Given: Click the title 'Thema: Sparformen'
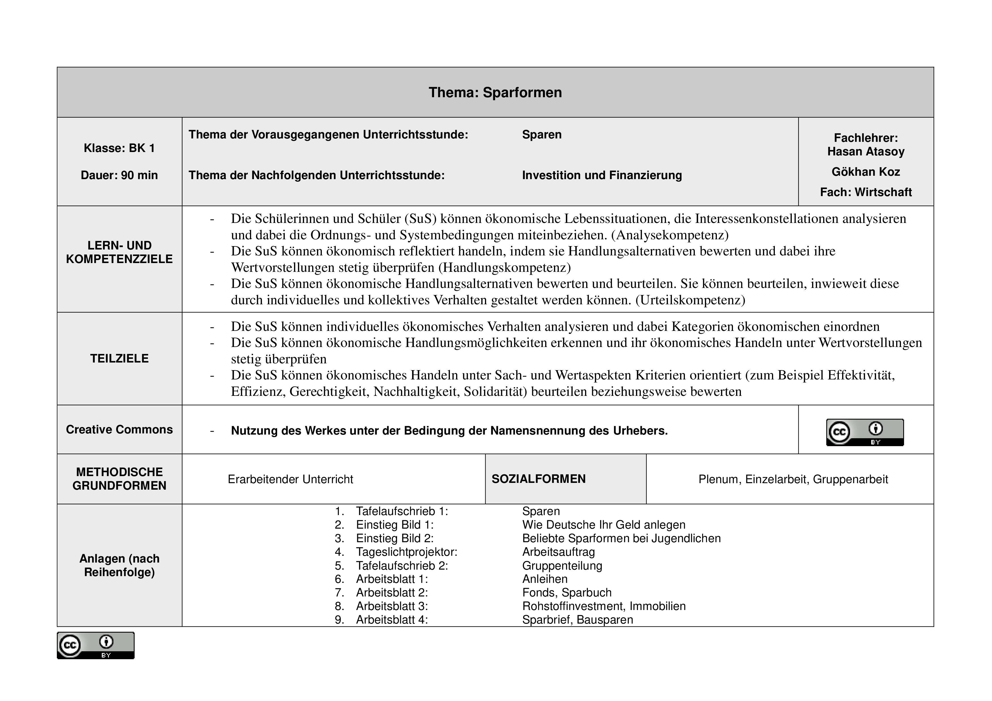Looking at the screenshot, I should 495,92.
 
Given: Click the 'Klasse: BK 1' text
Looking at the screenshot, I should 119,148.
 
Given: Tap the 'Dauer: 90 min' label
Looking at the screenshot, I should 119,175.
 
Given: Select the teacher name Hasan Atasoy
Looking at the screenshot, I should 866,151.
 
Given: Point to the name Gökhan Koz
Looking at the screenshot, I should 866,172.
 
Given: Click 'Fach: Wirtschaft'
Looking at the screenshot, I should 866,192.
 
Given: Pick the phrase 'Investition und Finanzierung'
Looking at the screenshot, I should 602,175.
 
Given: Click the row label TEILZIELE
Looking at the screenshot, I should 119,358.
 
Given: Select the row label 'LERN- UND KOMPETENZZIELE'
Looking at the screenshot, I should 119,252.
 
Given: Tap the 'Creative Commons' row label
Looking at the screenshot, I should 119,429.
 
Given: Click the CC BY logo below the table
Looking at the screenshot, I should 96,645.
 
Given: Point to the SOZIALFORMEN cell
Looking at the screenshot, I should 539,479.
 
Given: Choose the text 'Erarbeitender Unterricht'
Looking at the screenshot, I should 290,479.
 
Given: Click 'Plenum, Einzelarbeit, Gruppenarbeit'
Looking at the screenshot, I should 793,479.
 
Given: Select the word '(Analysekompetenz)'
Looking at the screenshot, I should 670,235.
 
